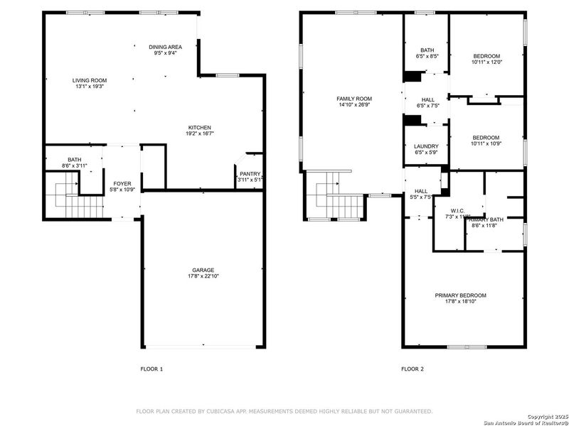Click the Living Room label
coord(89,83)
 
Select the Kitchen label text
coord(199,131)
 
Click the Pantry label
coord(250,176)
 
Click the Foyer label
coord(122,187)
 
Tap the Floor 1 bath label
coord(75,163)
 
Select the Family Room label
coord(354,102)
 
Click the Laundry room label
coord(425,149)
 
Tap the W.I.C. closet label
coord(457,212)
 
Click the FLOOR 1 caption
coord(151,369)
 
